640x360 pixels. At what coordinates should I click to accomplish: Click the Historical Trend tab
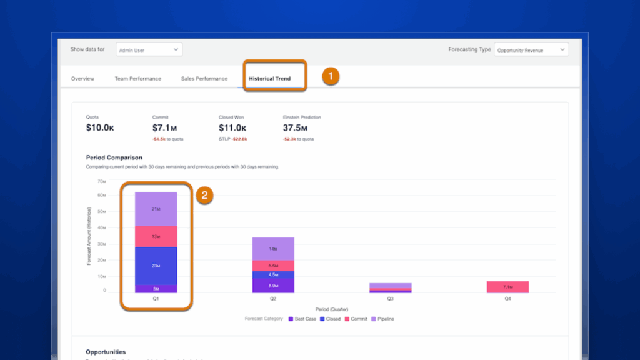269,79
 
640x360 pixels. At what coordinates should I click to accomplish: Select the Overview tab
82,79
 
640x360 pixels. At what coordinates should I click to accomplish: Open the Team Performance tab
137,79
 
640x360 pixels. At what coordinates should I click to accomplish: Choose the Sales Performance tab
204,79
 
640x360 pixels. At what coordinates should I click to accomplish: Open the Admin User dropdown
149,50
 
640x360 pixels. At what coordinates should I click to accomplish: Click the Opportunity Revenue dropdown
531,50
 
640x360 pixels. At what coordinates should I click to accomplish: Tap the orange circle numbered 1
331,76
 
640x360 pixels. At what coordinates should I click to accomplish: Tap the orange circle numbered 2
204,196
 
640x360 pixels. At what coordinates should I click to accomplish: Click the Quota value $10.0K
100,128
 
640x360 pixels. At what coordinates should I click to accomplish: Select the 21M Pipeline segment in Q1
156,209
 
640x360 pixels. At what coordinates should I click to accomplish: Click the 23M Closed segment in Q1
156,266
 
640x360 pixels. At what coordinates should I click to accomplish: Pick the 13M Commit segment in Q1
156,237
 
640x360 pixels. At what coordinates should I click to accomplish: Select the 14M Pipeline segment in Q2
273,249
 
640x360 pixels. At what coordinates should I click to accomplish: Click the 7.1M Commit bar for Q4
507,287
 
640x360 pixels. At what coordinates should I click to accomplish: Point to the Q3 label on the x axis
390,299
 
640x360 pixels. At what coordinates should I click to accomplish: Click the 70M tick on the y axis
102,181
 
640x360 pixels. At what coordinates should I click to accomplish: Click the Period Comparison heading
114,157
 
